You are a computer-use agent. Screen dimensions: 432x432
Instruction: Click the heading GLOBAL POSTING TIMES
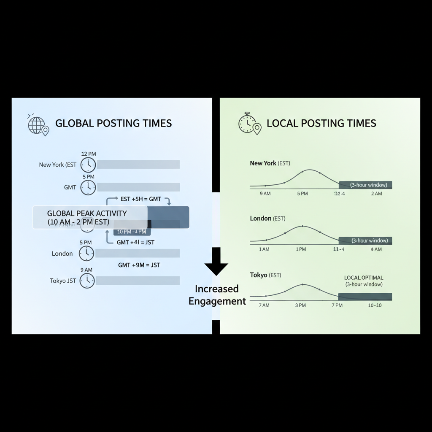[113, 123]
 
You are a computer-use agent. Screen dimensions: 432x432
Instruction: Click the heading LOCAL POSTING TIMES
[321, 123]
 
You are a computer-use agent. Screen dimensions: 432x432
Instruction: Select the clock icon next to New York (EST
[88, 165]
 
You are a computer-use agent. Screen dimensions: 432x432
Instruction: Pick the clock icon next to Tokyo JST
[87, 281]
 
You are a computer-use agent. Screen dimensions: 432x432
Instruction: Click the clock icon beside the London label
[87, 253]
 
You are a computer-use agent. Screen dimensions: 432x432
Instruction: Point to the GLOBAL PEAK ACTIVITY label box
[90, 217]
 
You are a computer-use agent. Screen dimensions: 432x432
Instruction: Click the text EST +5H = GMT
[140, 199]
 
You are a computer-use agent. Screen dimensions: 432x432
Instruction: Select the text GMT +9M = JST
[139, 265]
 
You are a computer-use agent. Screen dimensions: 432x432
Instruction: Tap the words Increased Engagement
[217, 295]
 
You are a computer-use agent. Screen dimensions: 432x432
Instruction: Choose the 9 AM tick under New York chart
[265, 194]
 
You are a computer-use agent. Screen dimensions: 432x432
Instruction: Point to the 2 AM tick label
[376, 194]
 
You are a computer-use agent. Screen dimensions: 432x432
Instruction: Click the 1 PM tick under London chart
[301, 249]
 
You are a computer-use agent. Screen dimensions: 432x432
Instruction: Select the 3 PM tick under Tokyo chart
[300, 305]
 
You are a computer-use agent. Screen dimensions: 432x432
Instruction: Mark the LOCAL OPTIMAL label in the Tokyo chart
[364, 278]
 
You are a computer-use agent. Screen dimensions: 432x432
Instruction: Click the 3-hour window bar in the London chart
[365, 240]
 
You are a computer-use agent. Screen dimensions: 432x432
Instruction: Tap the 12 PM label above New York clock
[88, 154]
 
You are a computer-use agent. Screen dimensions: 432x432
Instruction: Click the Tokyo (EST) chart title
[265, 275]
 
